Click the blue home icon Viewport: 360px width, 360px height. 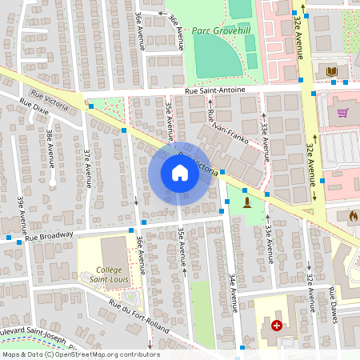pos(180,173)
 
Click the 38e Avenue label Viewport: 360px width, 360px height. pos(50,149)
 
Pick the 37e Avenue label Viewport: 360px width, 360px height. pos(89,166)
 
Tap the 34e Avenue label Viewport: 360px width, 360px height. pos(233,291)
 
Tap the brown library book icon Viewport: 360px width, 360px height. pos(332,72)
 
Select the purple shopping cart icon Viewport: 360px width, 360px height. pos(344,113)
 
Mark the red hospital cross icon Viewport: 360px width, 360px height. pos(277,326)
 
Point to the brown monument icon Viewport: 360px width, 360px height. pos(246,201)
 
